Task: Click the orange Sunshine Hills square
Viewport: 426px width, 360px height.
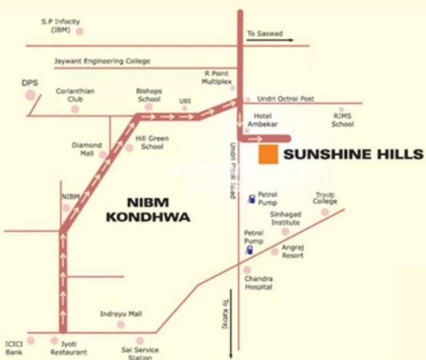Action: [x=268, y=154]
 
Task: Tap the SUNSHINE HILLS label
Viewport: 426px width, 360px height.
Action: [x=353, y=154]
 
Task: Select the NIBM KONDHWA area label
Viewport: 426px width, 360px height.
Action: [x=158, y=208]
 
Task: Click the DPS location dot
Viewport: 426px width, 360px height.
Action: [x=30, y=94]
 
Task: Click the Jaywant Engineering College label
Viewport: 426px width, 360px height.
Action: [x=102, y=61]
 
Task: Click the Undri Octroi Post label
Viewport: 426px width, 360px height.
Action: [x=286, y=99]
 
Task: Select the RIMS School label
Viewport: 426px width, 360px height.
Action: [x=342, y=120]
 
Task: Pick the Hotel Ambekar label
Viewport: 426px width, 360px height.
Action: [x=260, y=120]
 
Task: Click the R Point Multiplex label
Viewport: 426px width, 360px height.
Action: [x=217, y=77]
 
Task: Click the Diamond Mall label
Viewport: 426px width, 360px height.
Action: [x=86, y=149]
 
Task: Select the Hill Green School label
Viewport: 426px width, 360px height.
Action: [x=152, y=142]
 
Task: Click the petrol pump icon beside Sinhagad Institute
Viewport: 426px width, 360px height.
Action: [x=252, y=199]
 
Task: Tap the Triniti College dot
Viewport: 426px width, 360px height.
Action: [x=324, y=212]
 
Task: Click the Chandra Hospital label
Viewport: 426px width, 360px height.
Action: [x=258, y=283]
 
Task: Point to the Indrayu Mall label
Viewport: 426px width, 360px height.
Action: [x=121, y=314]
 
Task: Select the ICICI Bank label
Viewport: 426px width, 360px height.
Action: [x=14, y=348]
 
